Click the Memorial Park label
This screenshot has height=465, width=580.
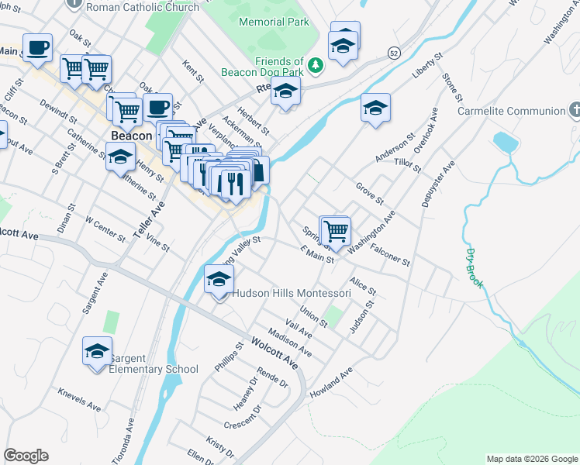pyautogui.click(x=274, y=22)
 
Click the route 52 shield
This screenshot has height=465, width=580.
pyautogui.click(x=395, y=52)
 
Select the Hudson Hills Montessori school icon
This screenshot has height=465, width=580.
pyautogui.click(x=219, y=280)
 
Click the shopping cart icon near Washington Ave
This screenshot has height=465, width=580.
pyautogui.click(x=336, y=230)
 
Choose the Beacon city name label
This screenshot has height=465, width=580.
pyautogui.click(x=130, y=135)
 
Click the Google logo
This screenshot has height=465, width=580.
pyautogui.click(x=26, y=456)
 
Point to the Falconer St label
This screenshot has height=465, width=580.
pyautogui.click(x=390, y=257)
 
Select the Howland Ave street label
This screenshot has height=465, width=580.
pyautogui.click(x=331, y=382)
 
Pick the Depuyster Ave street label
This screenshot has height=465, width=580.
pyautogui.click(x=437, y=184)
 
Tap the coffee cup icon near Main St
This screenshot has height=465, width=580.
pyautogui.click(x=37, y=48)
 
